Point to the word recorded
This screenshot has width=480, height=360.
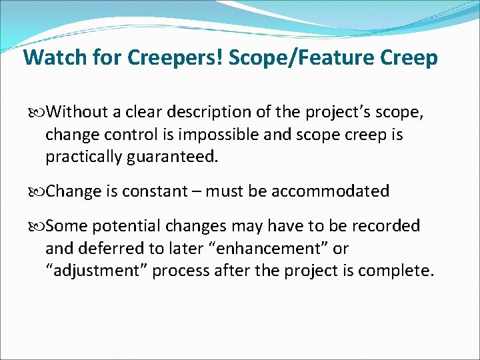point(387,227)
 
